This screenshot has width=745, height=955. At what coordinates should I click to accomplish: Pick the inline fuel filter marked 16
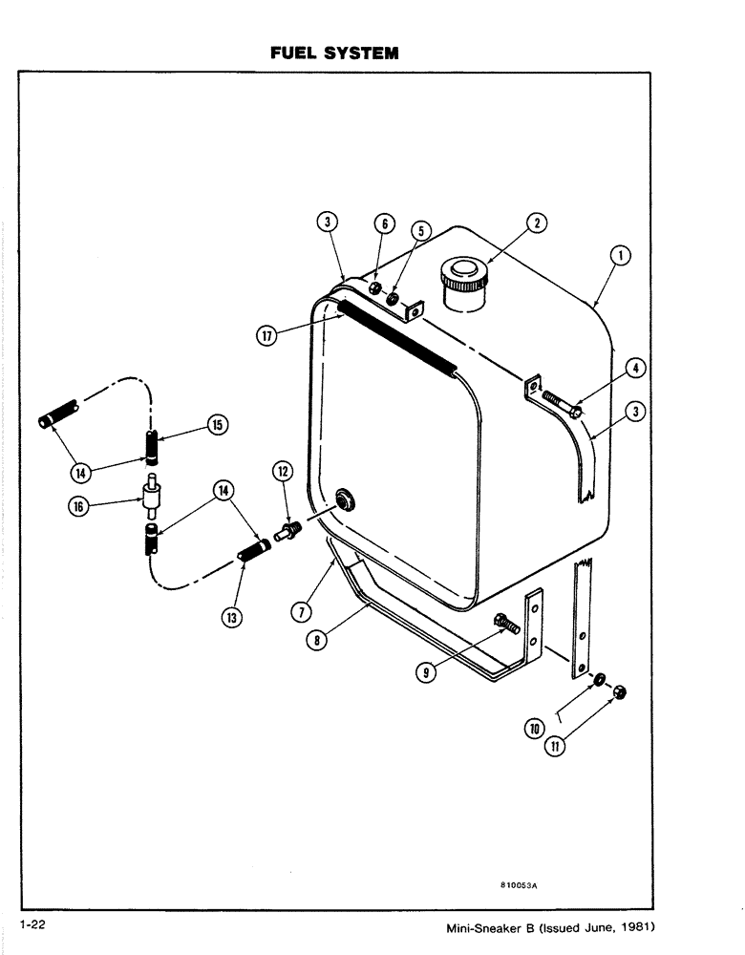click(x=151, y=495)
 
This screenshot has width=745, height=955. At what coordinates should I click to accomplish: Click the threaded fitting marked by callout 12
click(x=286, y=528)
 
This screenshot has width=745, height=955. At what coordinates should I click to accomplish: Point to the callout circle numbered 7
click(x=302, y=608)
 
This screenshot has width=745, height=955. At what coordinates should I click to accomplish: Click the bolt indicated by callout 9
click(x=505, y=626)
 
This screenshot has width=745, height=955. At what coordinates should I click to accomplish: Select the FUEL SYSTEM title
click(x=333, y=53)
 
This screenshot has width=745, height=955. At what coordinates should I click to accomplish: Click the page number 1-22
click(x=32, y=924)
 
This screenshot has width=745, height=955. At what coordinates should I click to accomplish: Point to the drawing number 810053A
click(x=519, y=885)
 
